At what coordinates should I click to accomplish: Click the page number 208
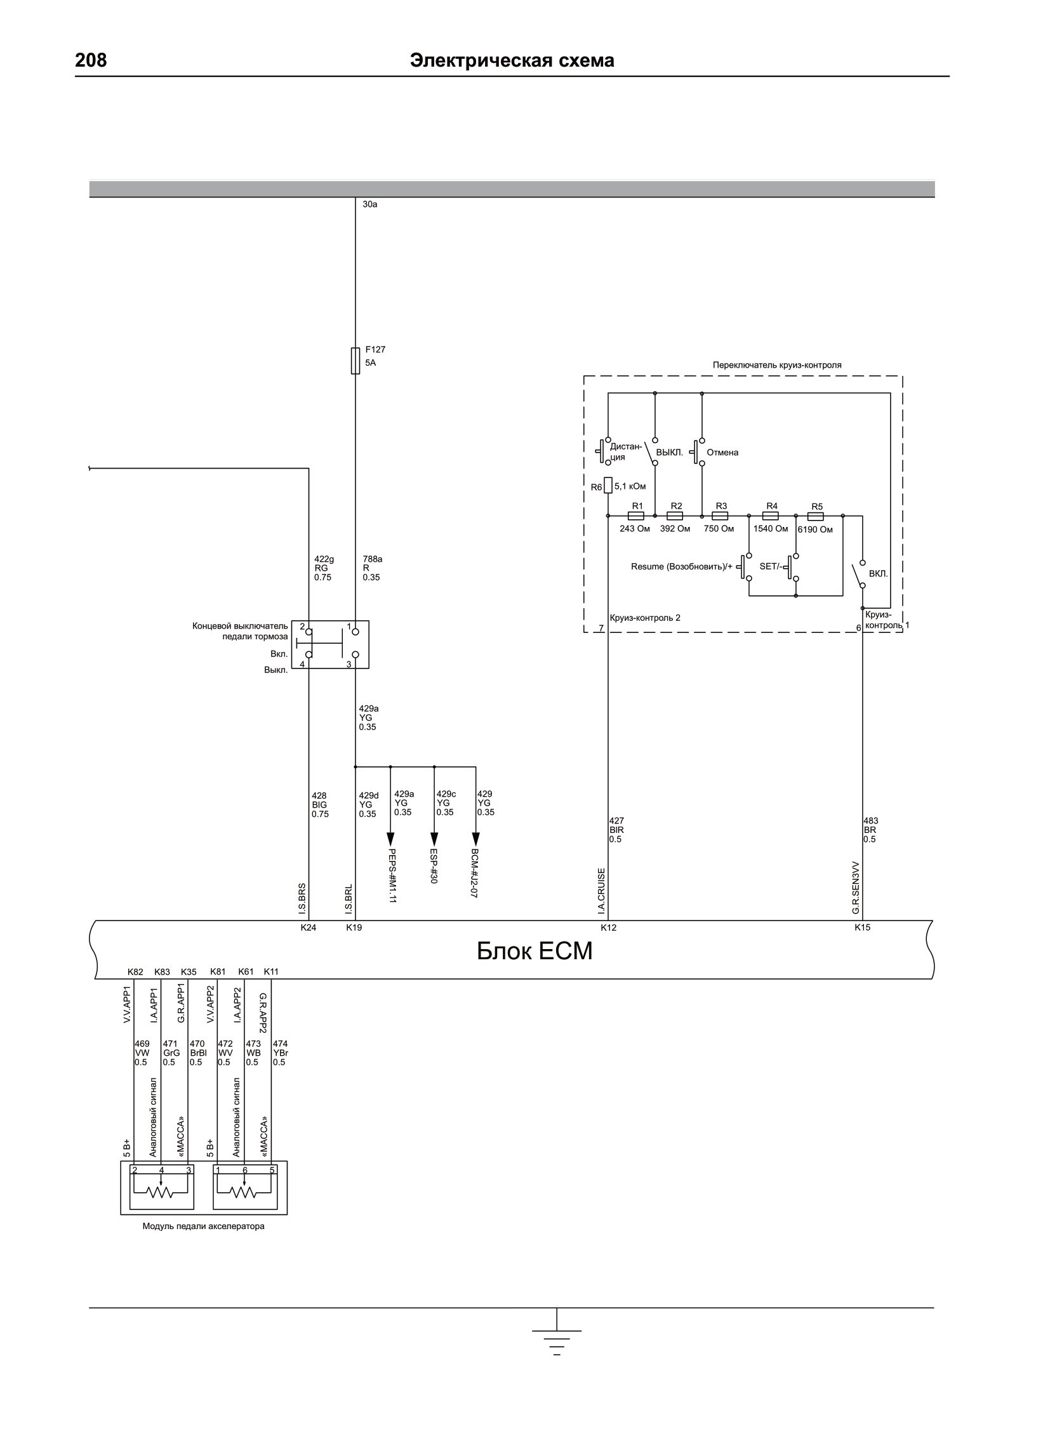point(91,60)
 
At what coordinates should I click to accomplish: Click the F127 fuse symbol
point(356,361)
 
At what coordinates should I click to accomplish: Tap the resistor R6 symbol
point(608,486)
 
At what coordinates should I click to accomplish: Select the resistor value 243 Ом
point(634,529)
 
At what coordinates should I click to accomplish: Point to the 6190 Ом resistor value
point(814,529)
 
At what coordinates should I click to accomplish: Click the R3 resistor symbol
point(720,515)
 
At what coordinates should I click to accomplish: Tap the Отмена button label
point(722,453)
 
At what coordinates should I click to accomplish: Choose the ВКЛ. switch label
point(878,573)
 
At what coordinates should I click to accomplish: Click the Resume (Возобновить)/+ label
point(682,566)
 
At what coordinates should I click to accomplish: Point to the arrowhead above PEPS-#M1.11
point(390,839)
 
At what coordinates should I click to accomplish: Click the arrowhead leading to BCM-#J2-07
point(475,839)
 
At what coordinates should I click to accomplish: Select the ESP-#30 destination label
point(434,867)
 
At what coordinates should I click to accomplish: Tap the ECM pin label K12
point(608,928)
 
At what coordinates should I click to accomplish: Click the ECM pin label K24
point(309,928)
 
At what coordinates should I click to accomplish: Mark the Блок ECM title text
point(535,951)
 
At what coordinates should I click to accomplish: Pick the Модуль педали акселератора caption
point(203,1227)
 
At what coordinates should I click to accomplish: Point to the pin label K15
point(862,928)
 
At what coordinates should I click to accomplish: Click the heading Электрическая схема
point(512,60)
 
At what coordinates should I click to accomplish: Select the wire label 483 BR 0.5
point(870,830)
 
